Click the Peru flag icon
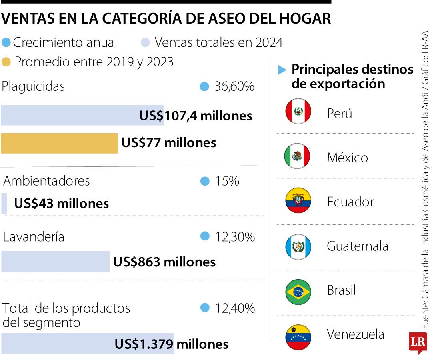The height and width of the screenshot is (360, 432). click(x=298, y=111)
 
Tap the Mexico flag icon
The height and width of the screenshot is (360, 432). click(x=297, y=156)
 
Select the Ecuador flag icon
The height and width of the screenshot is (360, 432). click(x=298, y=200)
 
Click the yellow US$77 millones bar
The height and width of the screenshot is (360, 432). click(x=59, y=143)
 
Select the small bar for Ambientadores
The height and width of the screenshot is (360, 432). click(x=4, y=203)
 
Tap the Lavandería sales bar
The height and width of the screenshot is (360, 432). click(x=55, y=262)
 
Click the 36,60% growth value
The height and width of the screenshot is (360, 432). click(x=234, y=87)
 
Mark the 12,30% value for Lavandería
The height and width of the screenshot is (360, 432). click(x=235, y=237)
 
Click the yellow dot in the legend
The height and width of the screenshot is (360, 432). click(x=6, y=62)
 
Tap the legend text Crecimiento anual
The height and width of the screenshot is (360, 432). click(x=65, y=42)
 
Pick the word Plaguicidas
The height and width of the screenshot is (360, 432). click(x=33, y=86)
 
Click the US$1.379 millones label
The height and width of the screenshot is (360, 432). click(x=171, y=344)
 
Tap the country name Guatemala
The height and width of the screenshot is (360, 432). click(x=357, y=246)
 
